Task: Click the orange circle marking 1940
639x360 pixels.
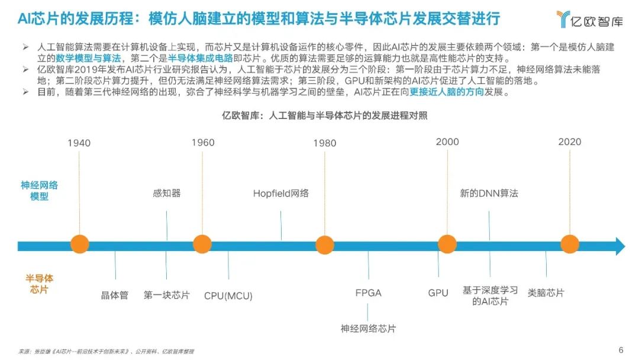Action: tap(79, 244)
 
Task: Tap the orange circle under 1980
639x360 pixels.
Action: tap(325, 245)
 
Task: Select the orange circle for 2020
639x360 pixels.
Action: tap(570, 244)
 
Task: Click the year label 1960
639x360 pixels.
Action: tap(203, 143)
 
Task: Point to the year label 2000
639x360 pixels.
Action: tap(447, 142)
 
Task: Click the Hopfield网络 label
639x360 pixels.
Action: tap(281, 193)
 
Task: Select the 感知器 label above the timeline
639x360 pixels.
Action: tap(167, 193)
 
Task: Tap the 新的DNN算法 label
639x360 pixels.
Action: tap(489, 193)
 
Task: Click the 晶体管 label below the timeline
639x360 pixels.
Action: tap(115, 295)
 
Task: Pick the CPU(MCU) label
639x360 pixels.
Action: tap(228, 295)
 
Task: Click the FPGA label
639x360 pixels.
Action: tap(369, 293)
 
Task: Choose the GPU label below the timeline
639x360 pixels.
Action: tap(438, 293)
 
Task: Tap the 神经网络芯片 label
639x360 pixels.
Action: tap(369, 329)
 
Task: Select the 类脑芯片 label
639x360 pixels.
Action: tap(546, 292)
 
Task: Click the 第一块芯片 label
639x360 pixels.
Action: tap(167, 295)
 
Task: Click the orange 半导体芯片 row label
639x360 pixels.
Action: tap(39, 284)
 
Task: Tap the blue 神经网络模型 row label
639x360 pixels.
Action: tap(39, 191)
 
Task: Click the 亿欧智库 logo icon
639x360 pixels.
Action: tap(563, 19)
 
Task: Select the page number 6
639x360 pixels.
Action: tap(621, 350)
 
